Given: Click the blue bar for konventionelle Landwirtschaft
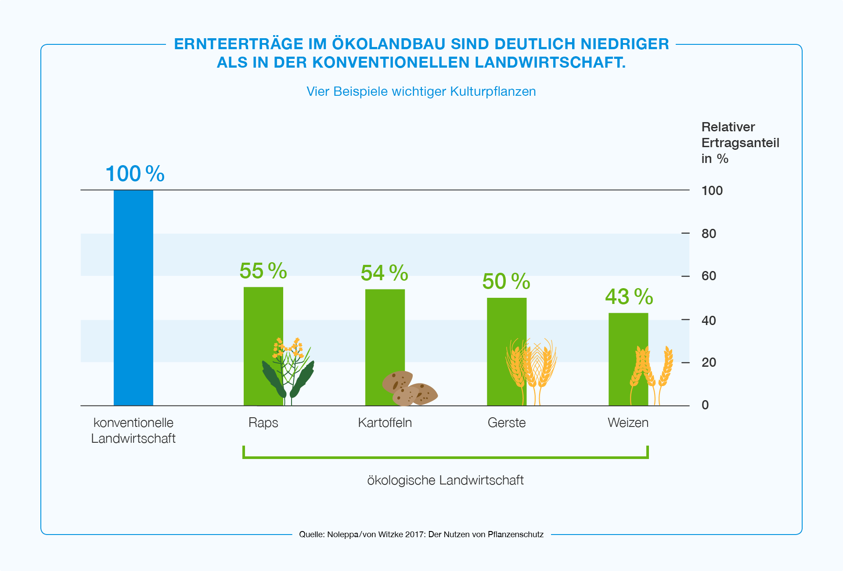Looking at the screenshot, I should pyautogui.click(x=133, y=297).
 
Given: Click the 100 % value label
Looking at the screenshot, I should pyautogui.click(x=135, y=174).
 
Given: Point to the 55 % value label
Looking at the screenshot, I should pyautogui.click(x=263, y=271).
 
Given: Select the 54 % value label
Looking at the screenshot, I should pyautogui.click(x=384, y=273).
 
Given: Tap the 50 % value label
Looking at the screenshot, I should pyautogui.click(x=506, y=282).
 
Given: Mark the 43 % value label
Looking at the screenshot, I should pyautogui.click(x=629, y=297).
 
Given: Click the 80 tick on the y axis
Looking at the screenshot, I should pyautogui.click(x=709, y=234).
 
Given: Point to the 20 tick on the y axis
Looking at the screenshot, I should pyautogui.click(x=709, y=362).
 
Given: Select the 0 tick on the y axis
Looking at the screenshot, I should pyautogui.click(x=705, y=405).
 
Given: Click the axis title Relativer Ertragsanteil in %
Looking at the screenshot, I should pyautogui.click(x=740, y=143).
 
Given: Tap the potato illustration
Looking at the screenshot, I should pyautogui.click(x=409, y=389).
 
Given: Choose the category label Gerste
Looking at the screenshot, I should pyautogui.click(x=506, y=423).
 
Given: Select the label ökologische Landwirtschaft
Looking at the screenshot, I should pyautogui.click(x=445, y=480).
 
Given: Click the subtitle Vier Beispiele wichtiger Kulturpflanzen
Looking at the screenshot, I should pyautogui.click(x=421, y=91).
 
